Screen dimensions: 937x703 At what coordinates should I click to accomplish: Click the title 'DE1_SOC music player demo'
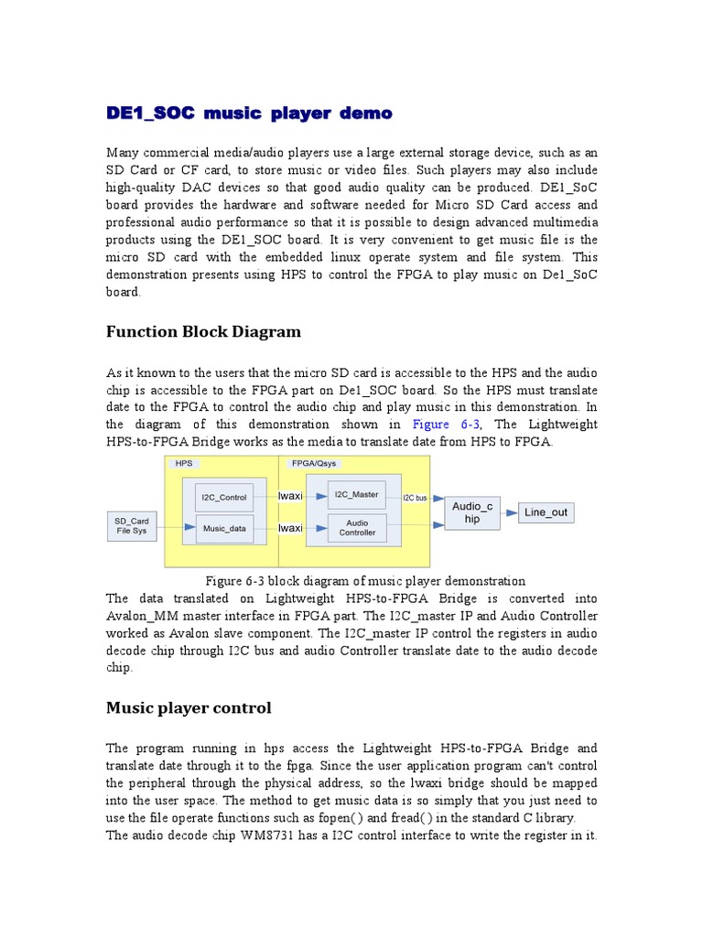249,113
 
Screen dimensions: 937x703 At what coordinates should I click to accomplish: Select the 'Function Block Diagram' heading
203,331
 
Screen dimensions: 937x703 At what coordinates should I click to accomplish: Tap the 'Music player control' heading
189,707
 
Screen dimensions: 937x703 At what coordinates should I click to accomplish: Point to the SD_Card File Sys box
130,525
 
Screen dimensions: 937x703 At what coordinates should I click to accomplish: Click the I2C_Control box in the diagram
223,498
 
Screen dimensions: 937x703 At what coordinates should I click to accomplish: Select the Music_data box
223,528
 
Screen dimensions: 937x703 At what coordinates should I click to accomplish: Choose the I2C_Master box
357,495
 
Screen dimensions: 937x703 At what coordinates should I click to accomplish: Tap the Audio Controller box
357,527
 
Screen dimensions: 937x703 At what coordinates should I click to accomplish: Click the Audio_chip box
472,512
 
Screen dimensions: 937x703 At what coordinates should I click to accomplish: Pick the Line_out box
546,512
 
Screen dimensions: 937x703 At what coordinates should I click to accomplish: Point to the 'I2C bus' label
415,498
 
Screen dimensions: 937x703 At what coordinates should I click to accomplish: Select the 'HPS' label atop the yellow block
182,464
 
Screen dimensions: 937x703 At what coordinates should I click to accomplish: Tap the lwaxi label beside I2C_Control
290,496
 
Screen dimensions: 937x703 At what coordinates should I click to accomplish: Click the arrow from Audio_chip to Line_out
509,512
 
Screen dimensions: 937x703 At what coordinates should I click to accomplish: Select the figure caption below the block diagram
364,581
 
